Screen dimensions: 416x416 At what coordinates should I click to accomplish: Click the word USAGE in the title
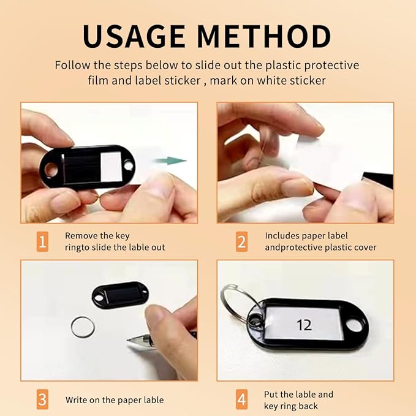click(134, 36)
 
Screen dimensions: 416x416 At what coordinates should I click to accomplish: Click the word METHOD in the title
click(264, 36)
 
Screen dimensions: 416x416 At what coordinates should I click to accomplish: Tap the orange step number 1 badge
click(42, 241)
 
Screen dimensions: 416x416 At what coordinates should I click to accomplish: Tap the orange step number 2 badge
click(241, 241)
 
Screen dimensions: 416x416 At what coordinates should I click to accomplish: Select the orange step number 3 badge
click(42, 399)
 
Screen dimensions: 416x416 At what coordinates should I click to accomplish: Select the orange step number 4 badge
click(241, 399)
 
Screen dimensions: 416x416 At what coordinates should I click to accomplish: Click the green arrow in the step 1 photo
click(171, 161)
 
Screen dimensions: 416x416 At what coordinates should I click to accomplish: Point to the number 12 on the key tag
click(304, 325)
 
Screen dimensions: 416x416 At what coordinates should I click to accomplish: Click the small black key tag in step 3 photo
click(120, 295)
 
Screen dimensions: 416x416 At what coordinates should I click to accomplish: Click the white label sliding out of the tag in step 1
click(112, 167)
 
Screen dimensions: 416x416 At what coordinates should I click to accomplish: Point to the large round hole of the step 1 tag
click(51, 169)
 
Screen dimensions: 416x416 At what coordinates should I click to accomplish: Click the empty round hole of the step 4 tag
click(354, 326)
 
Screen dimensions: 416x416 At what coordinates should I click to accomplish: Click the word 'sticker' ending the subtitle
click(307, 81)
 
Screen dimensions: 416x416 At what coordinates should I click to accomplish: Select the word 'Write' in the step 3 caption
click(76, 400)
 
